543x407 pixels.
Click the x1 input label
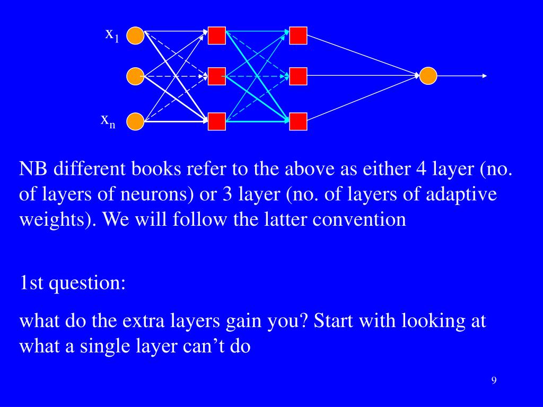112,35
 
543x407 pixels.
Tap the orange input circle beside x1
135,36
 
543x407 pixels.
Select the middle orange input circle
135,76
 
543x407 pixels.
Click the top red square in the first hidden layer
216,36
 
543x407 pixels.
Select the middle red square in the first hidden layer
216,76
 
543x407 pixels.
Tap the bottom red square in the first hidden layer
216,121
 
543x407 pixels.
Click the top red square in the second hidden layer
298,36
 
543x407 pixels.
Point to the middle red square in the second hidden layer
298,76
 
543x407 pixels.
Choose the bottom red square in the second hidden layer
298,121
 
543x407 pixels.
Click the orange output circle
428,76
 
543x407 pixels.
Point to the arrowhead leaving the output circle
484,76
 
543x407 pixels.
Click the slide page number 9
494,381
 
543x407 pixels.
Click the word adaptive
462,194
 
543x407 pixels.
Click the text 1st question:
72,283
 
